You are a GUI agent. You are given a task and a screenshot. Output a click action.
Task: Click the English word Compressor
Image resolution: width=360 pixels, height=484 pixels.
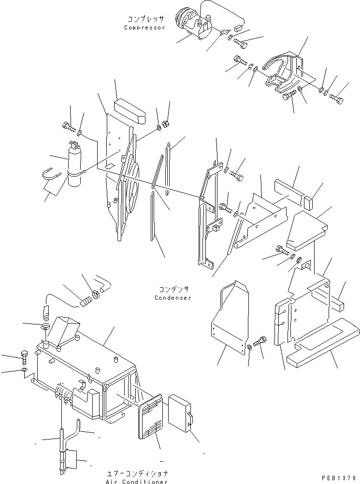pos(144,28)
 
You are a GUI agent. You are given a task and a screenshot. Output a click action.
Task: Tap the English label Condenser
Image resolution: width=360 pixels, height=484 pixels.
pos(173,298)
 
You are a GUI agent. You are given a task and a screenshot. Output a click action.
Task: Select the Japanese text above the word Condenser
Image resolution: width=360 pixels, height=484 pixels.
pos(173,289)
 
